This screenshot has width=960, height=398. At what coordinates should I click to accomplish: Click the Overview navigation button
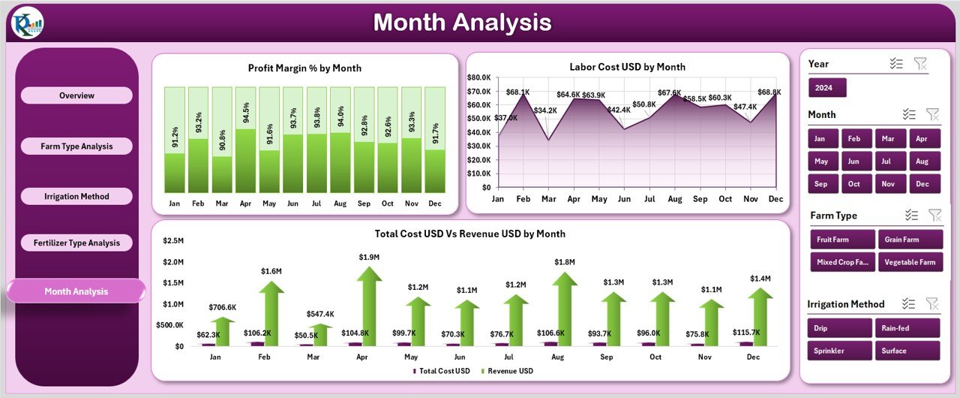pyautogui.click(x=76, y=95)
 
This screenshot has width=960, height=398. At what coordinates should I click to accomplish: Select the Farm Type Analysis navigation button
pyautogui.click(x=76, y=146)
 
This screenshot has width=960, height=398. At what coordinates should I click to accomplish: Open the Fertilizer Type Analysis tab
pyautogui.click(x=76, y=243)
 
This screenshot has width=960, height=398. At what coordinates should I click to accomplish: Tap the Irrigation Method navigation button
pyautogui.click(x=76, y=196)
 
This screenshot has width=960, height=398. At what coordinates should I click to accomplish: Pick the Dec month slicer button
pyautogui.click(x=922, y=183)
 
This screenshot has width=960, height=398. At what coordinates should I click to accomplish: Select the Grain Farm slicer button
pyautogui.click(x=908, y=240)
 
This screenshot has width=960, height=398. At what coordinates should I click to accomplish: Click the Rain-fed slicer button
pyautogui.click(x=907, y=328)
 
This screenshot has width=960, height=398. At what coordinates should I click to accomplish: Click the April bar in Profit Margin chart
pyautogui.click(x=246, y=160)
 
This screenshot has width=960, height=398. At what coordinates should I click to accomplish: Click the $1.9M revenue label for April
pyautogui.click(x=368, y=258)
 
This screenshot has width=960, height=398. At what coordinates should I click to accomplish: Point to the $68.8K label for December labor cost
pyautogui.click(x=769, y=92)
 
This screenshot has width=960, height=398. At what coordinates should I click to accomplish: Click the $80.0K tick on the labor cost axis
pyautogui.click(x=478, y=77)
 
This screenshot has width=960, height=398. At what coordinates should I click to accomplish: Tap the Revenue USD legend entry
pyautogui.click(x=511, y=371)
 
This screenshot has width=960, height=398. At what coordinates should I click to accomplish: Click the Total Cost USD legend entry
pyautogui.click(x=442, y=371)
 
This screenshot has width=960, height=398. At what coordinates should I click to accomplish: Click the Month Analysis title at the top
pyautogui.click(x=462, y=23)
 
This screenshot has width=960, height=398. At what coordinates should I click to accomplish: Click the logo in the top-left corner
pyautogui.click(x=28, y=23)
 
